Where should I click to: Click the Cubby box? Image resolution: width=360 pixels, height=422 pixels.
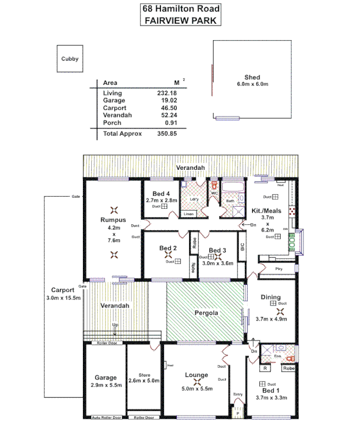click(x=69, y=59)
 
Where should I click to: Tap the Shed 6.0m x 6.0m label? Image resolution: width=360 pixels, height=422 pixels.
click(x=252, y=81)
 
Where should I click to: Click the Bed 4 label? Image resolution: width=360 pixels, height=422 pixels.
click(x=161, y=194)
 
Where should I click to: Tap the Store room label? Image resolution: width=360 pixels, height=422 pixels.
click(x=144, y=375)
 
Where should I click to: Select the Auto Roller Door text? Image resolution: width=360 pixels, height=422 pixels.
click(x=106, y=417)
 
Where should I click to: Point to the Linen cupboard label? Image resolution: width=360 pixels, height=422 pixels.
click(x=188, y=214)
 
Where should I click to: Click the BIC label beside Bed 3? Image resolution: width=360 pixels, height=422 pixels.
click(x=241, y=251)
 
